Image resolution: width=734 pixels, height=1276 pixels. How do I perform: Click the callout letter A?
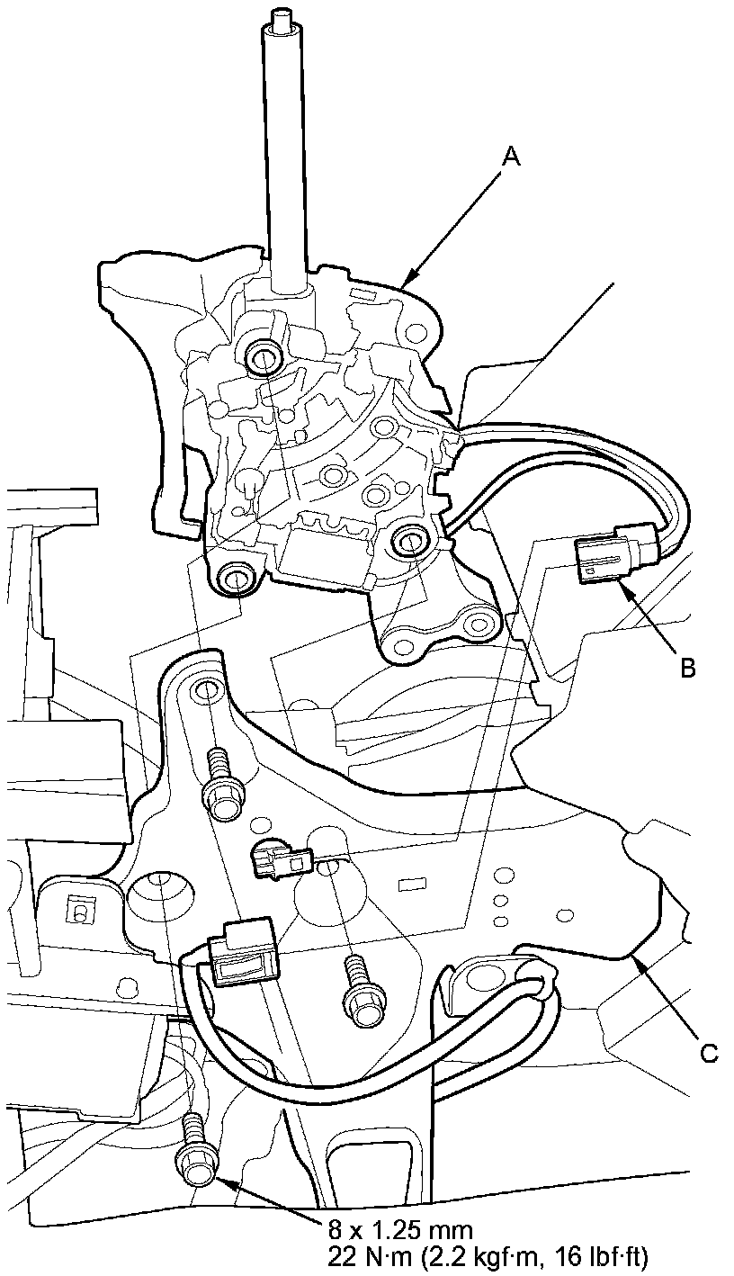pos(511,157)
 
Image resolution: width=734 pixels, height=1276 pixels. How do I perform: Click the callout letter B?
pos(687,667)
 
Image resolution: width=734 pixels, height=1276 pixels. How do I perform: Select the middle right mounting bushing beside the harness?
pos(411,542)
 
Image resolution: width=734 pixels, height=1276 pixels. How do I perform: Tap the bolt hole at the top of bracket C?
pos(204,691)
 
